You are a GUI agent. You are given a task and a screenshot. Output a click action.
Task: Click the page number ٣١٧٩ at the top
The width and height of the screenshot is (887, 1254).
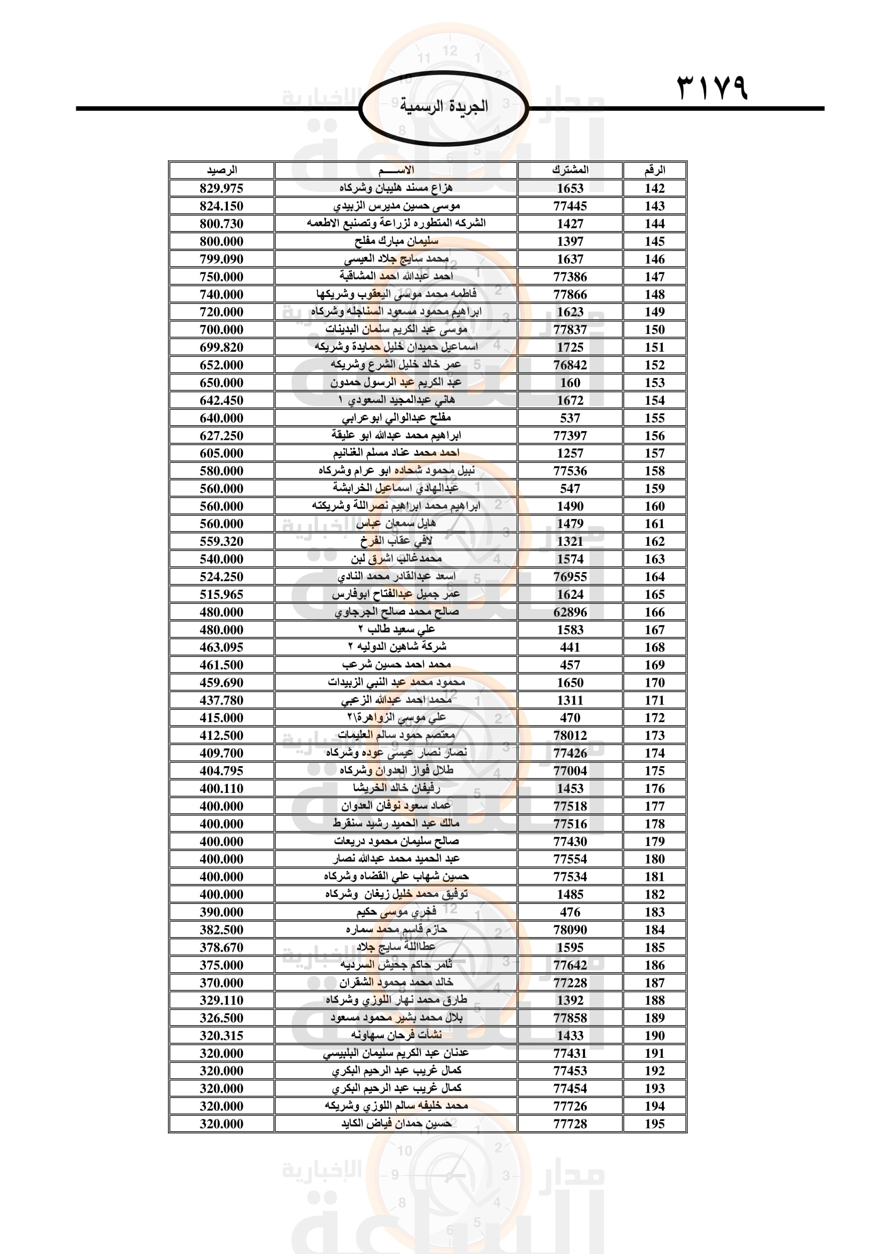(712, 87)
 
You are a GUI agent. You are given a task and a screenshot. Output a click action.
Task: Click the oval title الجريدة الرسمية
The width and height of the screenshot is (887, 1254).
(443, 106)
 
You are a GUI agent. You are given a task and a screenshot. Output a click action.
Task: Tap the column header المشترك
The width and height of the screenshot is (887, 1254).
(570, 170)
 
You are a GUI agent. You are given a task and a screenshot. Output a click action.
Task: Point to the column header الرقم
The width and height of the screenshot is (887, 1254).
(654, 170)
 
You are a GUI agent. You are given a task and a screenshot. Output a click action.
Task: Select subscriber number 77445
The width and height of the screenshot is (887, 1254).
(570, 206)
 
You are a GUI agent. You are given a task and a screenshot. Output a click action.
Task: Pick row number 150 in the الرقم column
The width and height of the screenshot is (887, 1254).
(654, 329)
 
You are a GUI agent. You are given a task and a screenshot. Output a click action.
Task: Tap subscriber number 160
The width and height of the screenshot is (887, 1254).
(570, 382)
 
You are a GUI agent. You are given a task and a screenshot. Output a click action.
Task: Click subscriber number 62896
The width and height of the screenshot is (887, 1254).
(570, 612)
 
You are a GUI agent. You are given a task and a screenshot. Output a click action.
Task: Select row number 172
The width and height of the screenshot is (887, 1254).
(654, 718)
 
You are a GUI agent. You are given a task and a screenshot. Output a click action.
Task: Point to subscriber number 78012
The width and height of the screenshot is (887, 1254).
(570, 735)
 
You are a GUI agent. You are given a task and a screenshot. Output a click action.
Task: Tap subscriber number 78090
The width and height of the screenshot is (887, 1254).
(570, 930)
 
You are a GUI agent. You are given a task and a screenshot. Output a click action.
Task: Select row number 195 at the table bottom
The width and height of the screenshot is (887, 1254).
(654, 1124)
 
